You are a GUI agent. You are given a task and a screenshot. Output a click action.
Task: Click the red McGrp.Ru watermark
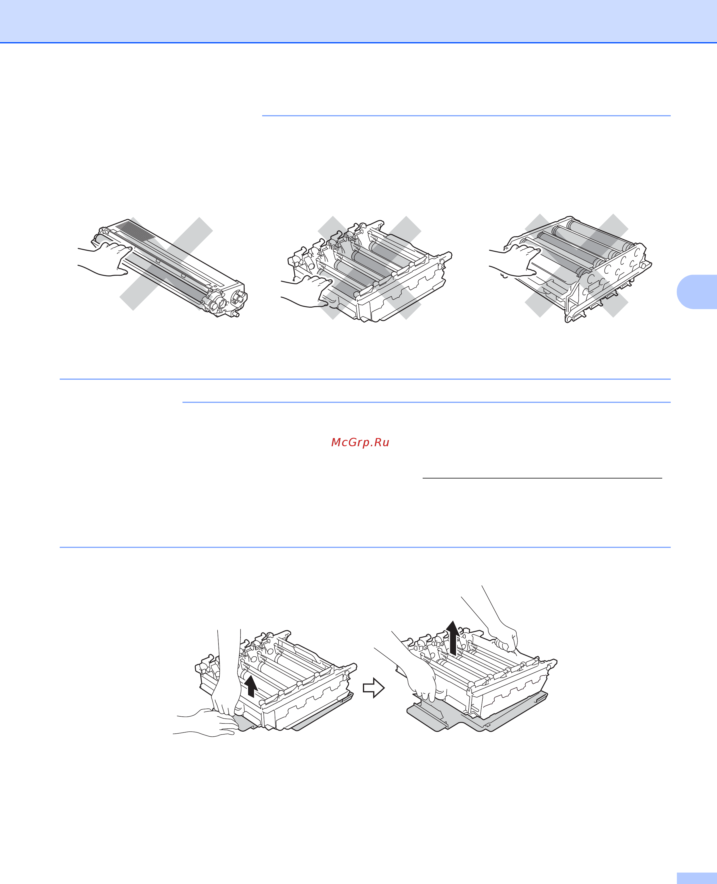360,442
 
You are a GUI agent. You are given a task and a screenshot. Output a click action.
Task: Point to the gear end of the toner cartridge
225,303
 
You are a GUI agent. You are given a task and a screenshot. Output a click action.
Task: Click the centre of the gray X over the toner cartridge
166,263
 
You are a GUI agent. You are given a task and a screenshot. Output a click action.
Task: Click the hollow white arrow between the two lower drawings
373,688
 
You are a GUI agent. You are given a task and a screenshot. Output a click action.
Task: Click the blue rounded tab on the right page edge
697,292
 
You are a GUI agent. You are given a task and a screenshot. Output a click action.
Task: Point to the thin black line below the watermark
542,478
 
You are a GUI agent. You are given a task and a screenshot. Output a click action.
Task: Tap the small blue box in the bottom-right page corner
697,878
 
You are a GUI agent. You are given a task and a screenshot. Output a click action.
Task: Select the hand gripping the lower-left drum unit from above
226,677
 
